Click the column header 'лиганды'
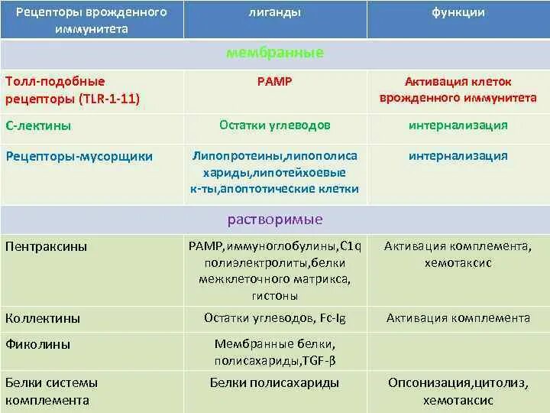[274, 13]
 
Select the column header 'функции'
[458, 13]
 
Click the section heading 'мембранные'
[275, 53]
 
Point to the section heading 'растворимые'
[275, 220]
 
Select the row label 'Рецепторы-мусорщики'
[79, 156]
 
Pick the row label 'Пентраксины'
[46, 246]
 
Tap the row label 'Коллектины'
[43, 318]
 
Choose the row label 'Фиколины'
[38, 344]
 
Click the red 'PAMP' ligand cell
[275, 81]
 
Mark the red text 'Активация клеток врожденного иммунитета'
[458, 89]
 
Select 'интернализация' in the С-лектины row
[458, 125]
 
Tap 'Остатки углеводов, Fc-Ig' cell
[275, 317]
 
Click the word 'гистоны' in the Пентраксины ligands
[275, 295]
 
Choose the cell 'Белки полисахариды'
[275, 382]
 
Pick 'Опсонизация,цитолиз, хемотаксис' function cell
[458, 391]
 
